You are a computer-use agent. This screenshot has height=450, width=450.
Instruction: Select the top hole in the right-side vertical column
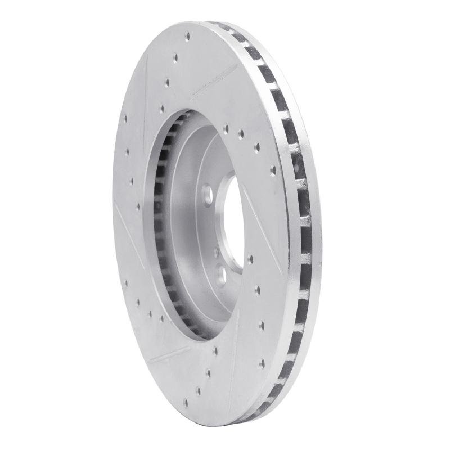pos(258,290)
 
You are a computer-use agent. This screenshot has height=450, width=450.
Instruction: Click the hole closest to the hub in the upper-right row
pos(226,129)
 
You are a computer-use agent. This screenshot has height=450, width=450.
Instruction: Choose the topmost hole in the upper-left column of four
pos(124,119)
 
